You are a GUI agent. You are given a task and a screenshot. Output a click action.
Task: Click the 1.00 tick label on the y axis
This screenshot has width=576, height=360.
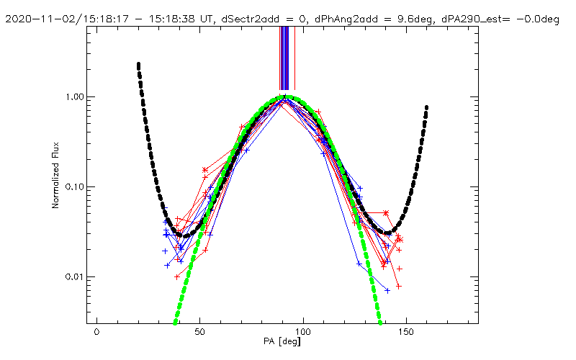(x=76, y=97)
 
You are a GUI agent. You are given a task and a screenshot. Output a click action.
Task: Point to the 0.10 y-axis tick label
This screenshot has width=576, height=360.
(x=76, y=187)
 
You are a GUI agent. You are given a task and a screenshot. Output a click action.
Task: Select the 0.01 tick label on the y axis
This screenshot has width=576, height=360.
(x=76, y=277)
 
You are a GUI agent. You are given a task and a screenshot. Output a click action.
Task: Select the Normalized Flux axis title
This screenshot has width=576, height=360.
(x=55, y=186)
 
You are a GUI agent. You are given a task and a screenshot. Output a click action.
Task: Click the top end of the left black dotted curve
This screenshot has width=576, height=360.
(x=138, y=64)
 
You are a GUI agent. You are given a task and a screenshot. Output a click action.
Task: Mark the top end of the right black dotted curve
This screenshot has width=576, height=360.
(x=427, y=107)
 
